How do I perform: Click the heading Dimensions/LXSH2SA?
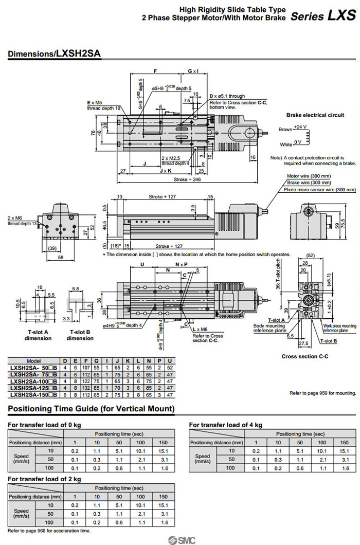(55, 53)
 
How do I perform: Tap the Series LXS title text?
(323, 15)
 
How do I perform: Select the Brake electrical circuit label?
(315, 115)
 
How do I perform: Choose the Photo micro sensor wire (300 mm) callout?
(319, 189)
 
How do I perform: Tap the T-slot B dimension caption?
(80, 335)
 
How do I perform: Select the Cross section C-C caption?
(304, 356)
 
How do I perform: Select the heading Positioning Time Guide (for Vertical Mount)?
(91, 409)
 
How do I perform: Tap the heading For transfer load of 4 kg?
(226, 425)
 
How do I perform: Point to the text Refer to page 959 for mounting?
(322, 393)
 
